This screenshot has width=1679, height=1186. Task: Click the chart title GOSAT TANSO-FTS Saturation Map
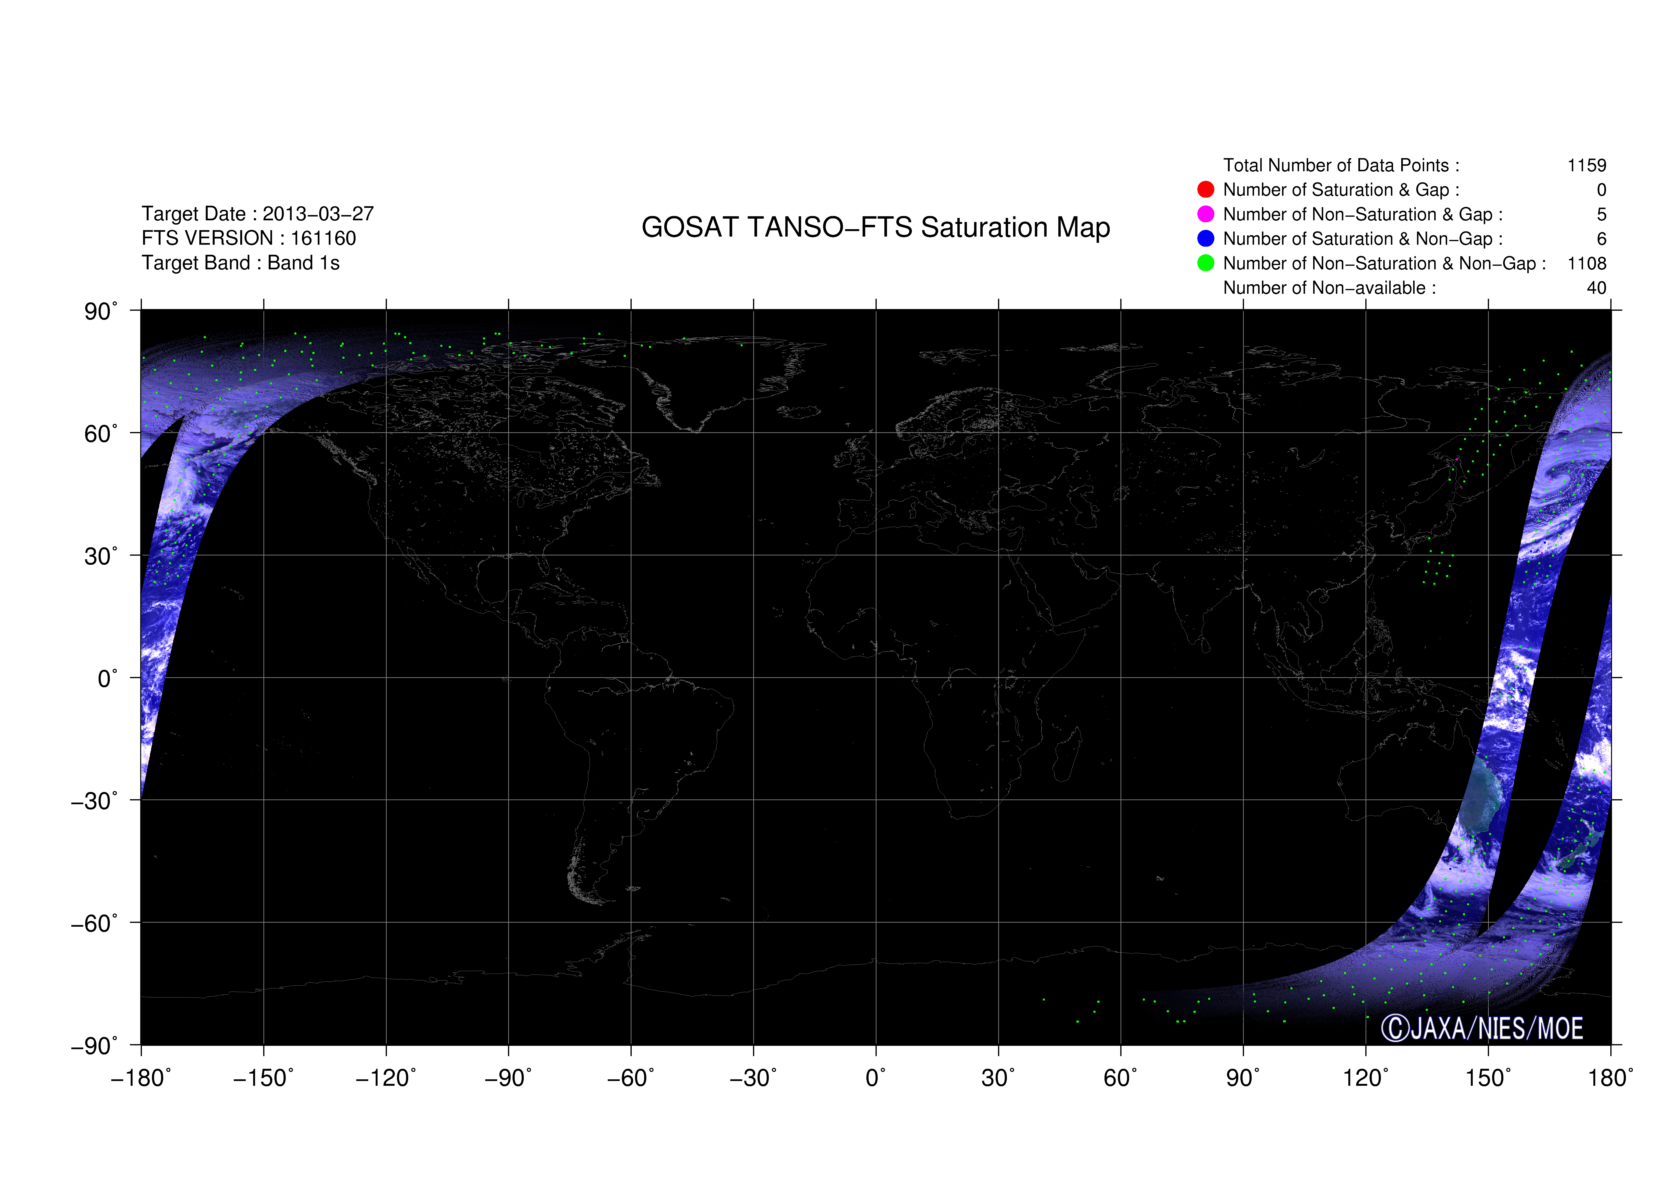(875, 227)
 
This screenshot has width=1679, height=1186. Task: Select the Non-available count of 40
(1596, 288)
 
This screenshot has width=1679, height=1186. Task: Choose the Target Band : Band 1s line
(240, 263)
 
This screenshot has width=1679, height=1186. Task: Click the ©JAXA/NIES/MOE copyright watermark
(1482, 1028)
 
